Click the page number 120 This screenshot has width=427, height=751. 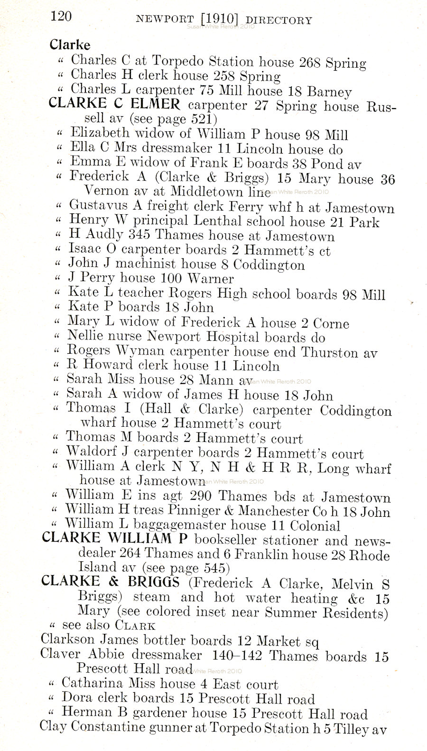tap(61, 17)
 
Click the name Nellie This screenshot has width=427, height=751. tap(84, 336)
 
